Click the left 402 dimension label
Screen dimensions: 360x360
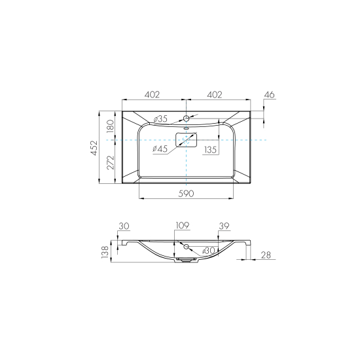(x=152, y=95)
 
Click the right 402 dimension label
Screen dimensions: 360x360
(x=215, y=95)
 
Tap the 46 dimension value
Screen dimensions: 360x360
(x=269, y=95)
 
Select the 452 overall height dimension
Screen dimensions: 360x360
(x=94, y=148)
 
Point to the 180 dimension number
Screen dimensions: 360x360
(x=111, y=126)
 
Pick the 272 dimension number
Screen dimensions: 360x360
(x=111, y=162)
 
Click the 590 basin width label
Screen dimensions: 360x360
(x=186, y=194)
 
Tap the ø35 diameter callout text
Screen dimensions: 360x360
(x=160, y=119)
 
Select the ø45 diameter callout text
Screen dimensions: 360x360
(x=160, y=149)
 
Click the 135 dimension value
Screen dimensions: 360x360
(x=211, y=150)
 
